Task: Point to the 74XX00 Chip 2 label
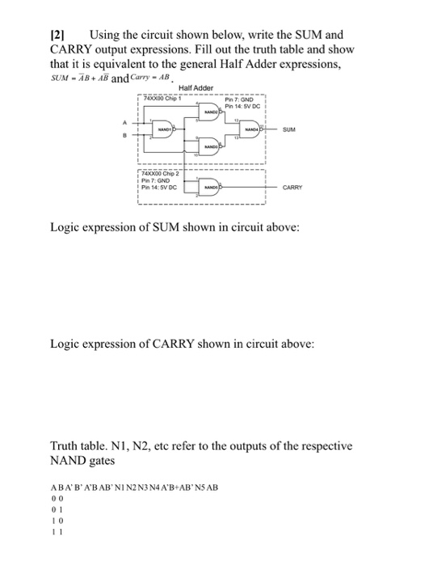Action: point(162,171)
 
